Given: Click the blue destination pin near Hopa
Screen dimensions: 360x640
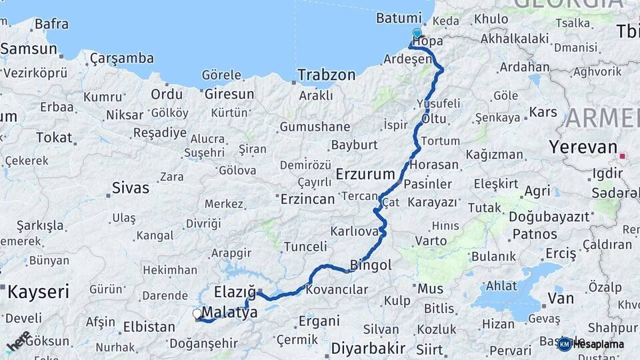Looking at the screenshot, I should point(417,33).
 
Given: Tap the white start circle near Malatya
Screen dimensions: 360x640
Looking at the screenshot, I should point(197,313).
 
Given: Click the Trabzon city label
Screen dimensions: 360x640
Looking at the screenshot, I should point(327,75).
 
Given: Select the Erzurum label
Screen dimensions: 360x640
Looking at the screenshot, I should point(366,175).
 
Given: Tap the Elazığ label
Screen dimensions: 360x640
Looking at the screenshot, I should point(235,292).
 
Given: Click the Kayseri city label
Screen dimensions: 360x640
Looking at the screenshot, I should point(38,292).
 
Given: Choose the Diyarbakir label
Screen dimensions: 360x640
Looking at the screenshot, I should point(369,348).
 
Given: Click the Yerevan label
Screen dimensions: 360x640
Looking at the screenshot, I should point(573,147).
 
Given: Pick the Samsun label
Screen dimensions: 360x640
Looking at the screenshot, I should point(29,49).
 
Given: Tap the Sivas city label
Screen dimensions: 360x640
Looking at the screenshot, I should point(131,187).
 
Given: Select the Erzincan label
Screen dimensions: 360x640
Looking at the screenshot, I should point(307,199).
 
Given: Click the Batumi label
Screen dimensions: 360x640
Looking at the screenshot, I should point(399,18).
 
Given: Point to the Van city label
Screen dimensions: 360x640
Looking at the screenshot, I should point(561,298).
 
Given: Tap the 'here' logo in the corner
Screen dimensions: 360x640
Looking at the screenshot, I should point(18,341).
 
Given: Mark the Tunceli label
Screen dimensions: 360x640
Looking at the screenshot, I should point(305,247).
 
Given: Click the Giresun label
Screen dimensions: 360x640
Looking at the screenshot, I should point(229,94).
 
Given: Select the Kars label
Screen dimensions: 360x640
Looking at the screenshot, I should point(543,111).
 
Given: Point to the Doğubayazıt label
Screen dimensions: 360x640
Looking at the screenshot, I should point(549,217).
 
